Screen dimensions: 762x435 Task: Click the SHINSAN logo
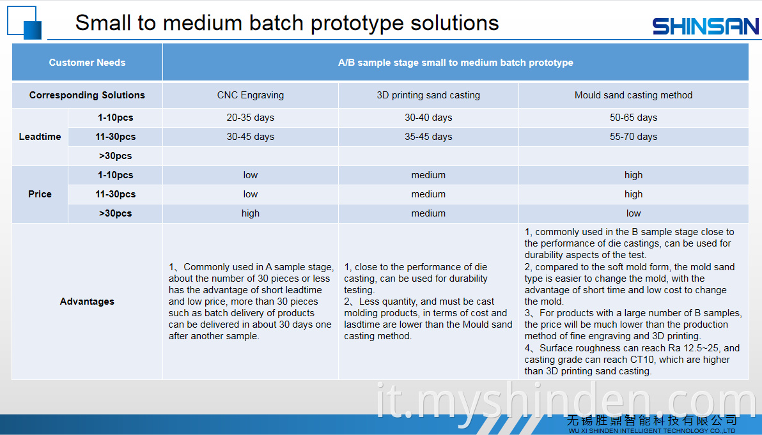coord(705,26)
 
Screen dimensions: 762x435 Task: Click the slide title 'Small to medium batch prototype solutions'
coord(287,23)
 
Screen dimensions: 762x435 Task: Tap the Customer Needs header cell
coord(87,62)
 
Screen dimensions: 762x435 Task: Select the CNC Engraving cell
coord(251,95)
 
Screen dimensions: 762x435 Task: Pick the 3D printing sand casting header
coord(428,95)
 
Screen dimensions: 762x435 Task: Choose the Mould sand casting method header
coord(634,95)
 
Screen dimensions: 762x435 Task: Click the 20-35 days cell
coord(251,118)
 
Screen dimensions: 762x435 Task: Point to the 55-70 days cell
coord(634,137)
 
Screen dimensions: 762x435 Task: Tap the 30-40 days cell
coord(428,118)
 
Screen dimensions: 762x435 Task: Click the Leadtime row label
coord(40,137)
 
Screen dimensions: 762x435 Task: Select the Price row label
coord(40,194)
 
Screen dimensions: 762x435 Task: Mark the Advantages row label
coord(87,301)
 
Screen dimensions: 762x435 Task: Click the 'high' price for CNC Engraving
coord(251,213)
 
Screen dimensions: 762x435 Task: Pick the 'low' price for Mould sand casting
coord(634,213)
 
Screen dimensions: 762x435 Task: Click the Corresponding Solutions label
coord(87,95)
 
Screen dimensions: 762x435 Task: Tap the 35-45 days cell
coord(428,137)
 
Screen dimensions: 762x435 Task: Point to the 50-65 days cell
coord(634,118)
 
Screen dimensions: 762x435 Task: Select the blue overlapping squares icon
coord(24,22)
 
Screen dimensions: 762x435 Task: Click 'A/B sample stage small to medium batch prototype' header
coord(455,62)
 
